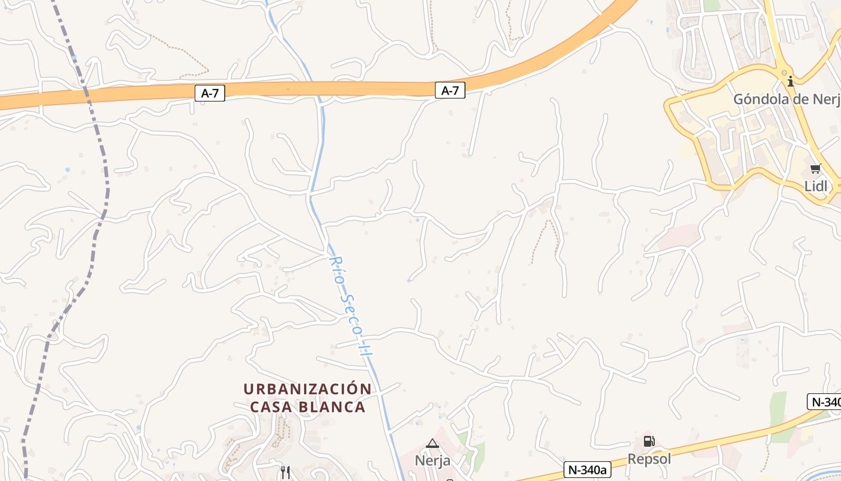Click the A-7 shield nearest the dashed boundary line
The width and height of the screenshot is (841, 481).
point(210,93)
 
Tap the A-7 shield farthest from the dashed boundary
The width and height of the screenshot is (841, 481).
point(450,91)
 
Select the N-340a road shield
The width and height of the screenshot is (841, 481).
point(587,470)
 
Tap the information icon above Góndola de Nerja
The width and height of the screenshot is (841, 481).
point(791,81)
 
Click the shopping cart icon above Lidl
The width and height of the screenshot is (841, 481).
point(815,169)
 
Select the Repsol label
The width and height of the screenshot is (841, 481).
point(649,459)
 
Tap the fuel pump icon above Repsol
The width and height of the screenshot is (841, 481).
point(649,441)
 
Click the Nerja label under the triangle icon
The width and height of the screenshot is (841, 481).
point(433,461)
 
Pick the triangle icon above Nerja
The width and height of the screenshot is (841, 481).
point(433,444)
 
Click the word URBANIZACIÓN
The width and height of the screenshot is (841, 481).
point(308,389)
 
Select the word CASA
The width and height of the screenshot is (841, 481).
point(271,407)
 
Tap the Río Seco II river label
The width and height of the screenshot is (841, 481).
point(349,307)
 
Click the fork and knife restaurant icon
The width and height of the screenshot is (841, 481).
point(285,472)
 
